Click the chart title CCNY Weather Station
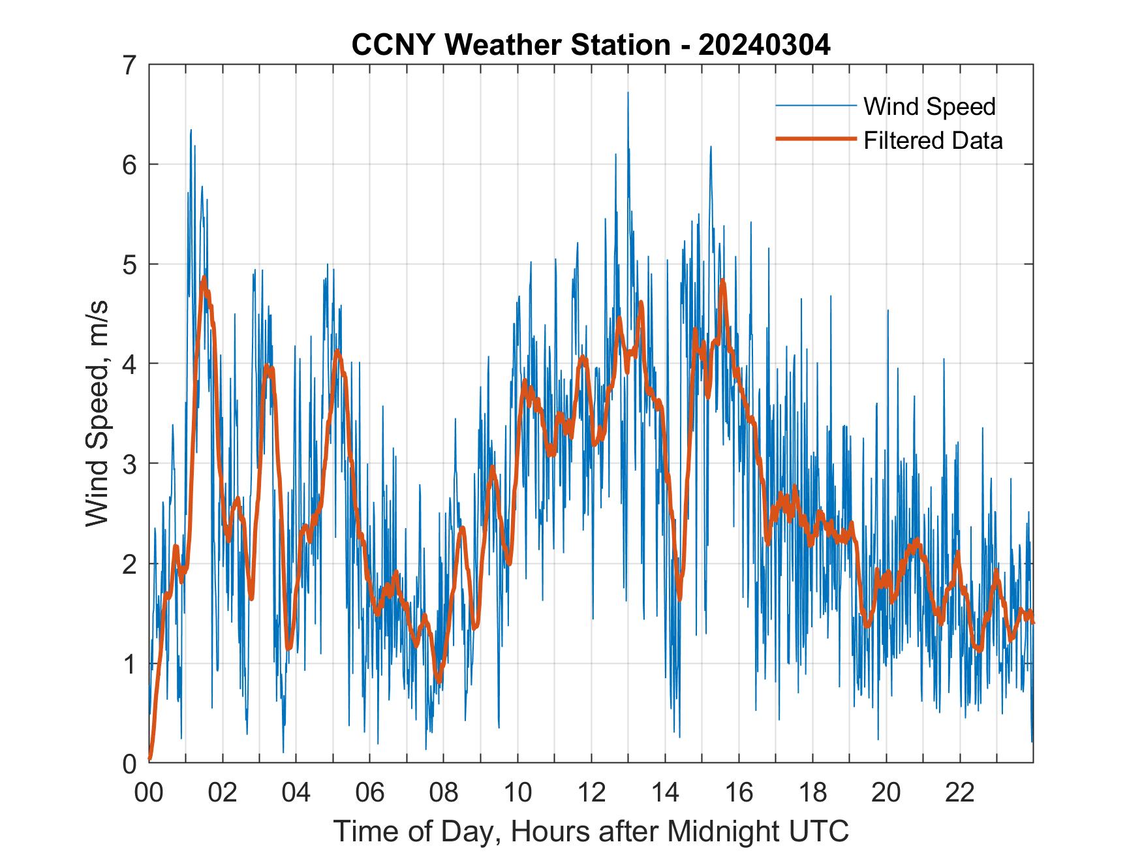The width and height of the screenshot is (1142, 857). [x=510, y=45]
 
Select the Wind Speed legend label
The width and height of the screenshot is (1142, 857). [x=929, y=106]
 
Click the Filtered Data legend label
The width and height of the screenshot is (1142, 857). [x=933, y=140]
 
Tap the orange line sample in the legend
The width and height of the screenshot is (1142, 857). [x=815, y=139]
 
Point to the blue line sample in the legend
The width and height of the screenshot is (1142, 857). [x=815, y=106]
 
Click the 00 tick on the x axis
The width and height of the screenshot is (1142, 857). [x=149, y=793]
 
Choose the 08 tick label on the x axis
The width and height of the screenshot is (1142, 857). [x=444, y=793]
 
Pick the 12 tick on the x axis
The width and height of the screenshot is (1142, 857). [x=591, y=793]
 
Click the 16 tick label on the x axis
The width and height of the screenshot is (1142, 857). [x=739, y=793]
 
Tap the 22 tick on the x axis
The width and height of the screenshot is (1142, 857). [x=960, y=793]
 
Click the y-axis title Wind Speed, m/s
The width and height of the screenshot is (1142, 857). [x=97, y=414]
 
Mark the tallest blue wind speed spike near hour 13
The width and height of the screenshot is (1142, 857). [x=628, y=93]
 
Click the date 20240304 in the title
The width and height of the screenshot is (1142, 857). [x=764, y=45]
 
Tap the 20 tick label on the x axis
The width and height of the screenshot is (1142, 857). [x=886, y=793]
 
